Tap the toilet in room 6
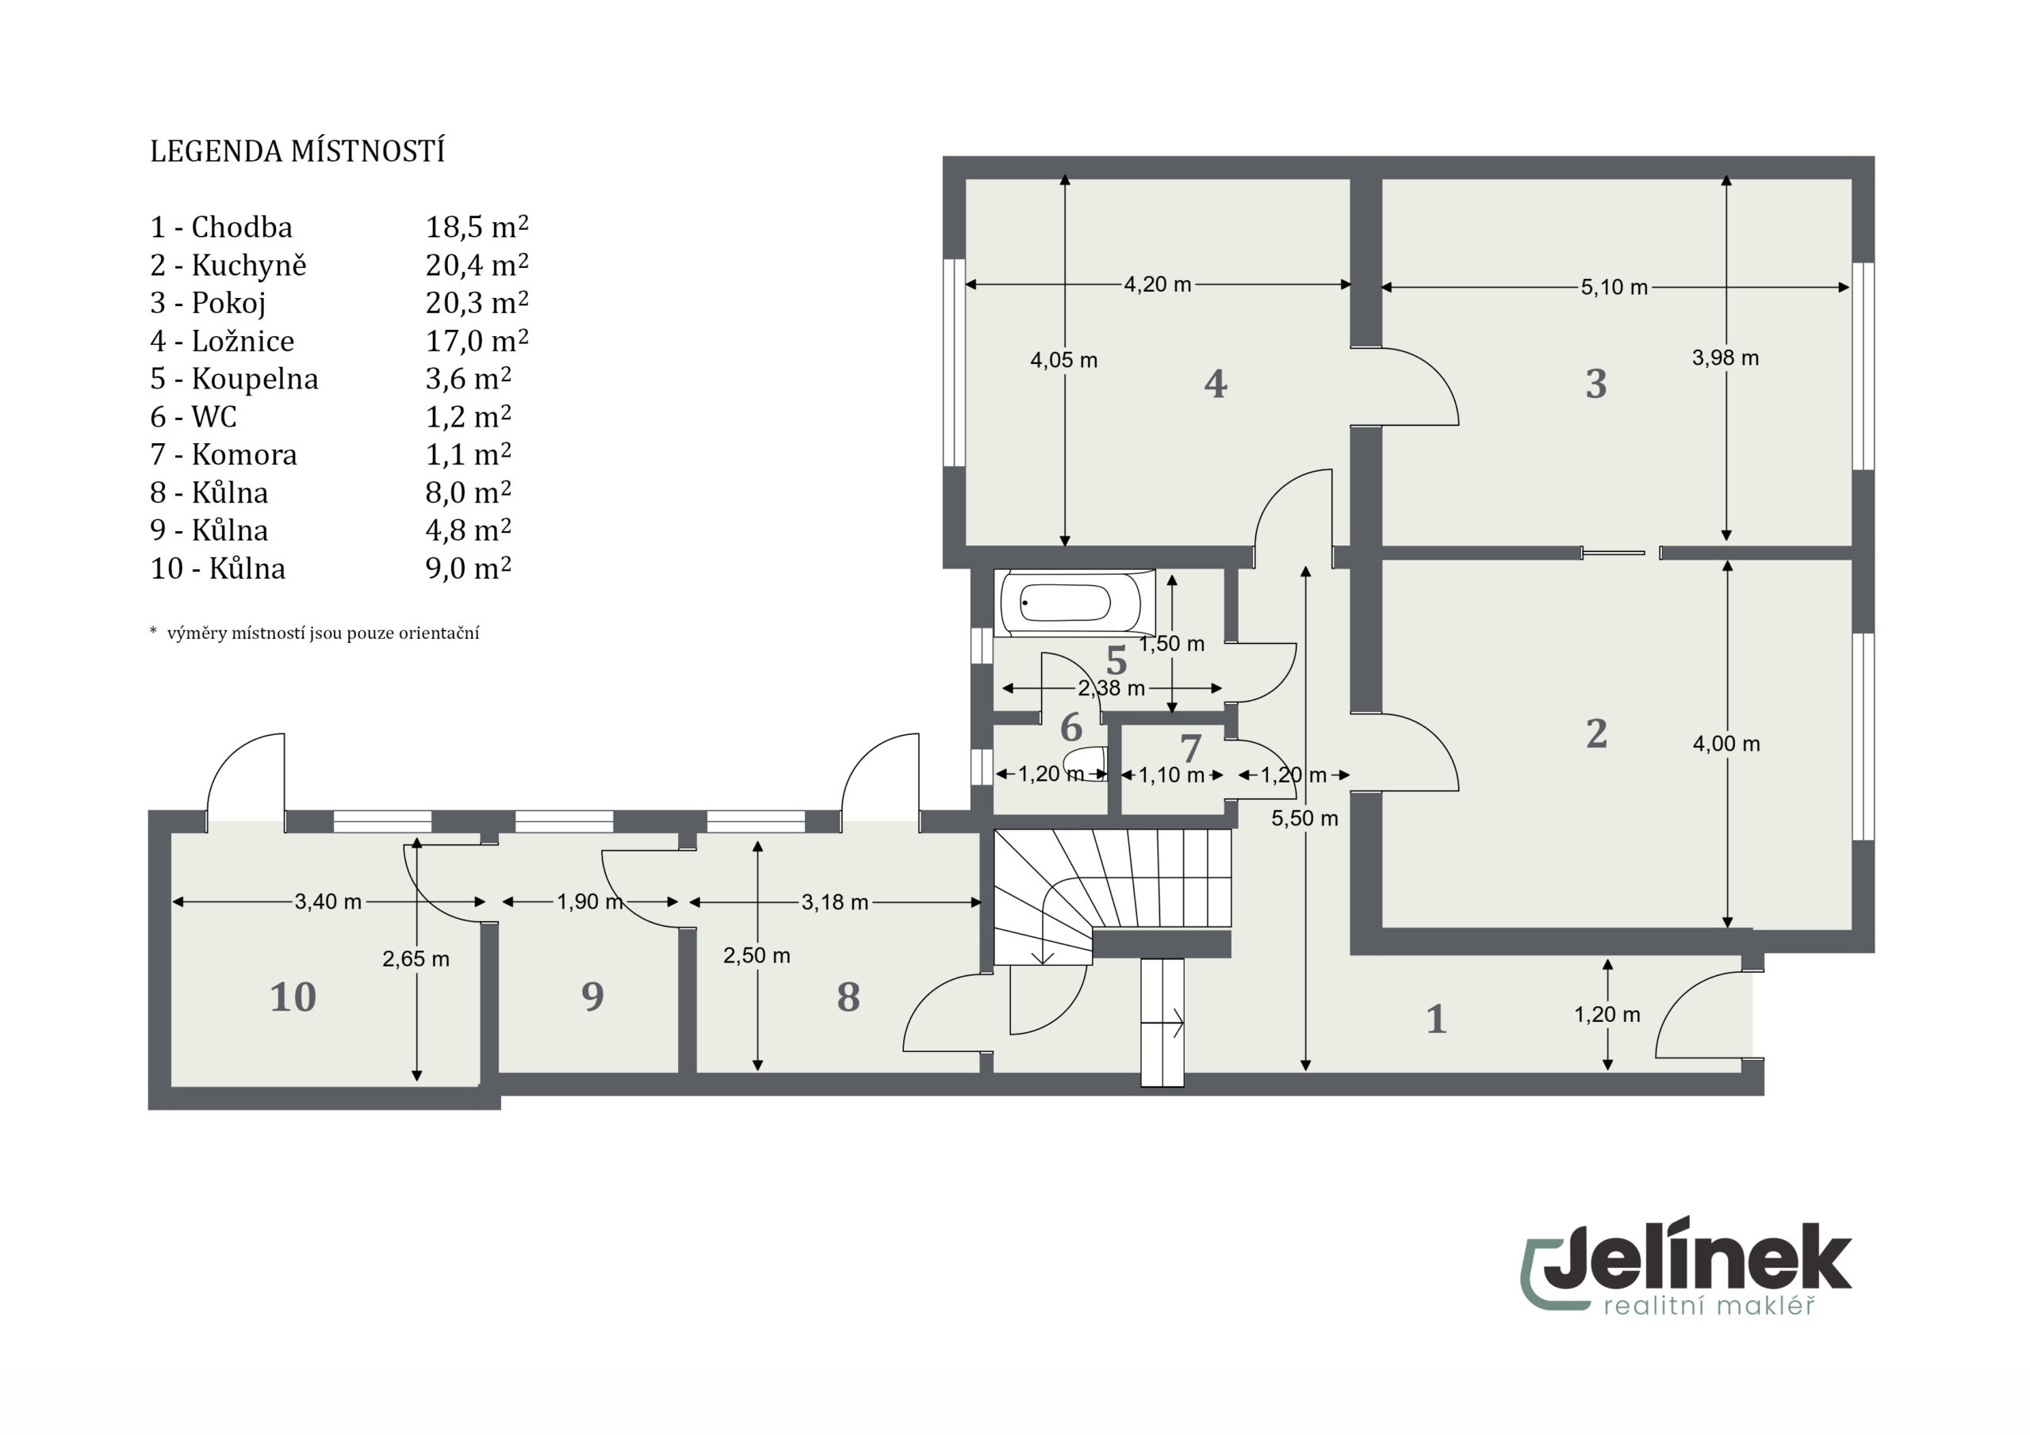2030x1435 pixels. point(1086,763)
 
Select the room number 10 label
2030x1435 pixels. point(293,997)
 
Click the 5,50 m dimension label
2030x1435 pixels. point(1304,819)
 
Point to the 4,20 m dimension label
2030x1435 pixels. point(1158,285)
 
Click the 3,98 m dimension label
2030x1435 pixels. point(1725,358)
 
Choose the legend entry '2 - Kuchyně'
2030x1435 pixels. point(228,266)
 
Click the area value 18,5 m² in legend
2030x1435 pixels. point(477,228)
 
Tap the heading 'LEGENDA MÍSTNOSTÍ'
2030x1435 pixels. point(297,151)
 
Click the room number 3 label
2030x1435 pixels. point(1596,384)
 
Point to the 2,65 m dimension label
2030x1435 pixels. point(416,959)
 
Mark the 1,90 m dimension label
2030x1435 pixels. point(590,902)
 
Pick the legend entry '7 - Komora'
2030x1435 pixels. point(224,454)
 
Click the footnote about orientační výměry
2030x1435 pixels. point(315,633)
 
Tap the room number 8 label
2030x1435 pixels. point(848,997)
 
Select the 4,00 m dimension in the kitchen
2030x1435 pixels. point(1725,744)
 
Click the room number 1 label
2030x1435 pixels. point(1436,1020)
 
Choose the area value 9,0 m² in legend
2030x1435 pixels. point(469,568)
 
